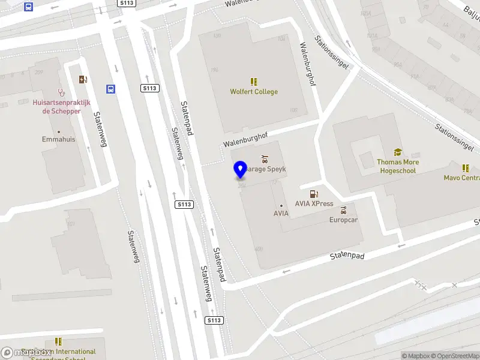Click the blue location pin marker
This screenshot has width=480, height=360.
point(241,170)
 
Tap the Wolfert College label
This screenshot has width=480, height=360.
point(254,92)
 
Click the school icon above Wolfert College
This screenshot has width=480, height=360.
point(254,82)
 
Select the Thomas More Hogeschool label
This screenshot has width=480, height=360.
point(398,166)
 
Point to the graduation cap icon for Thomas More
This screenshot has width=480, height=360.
point(398,152)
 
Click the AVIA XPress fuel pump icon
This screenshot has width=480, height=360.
point(313,193)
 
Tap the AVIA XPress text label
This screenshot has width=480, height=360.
point(314,203)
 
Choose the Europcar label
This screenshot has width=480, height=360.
point(343,220)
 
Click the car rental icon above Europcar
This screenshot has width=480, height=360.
point(343,211)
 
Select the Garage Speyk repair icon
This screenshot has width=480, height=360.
point(264,159)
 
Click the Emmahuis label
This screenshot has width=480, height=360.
point(59,139)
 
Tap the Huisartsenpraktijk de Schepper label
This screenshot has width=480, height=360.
point(61,107)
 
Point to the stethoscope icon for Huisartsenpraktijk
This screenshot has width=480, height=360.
point(61,92)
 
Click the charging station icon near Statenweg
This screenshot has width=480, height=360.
point(82,79)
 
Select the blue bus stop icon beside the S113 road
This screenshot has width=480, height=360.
point(111,89)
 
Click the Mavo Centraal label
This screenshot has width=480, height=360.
point(462,178)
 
